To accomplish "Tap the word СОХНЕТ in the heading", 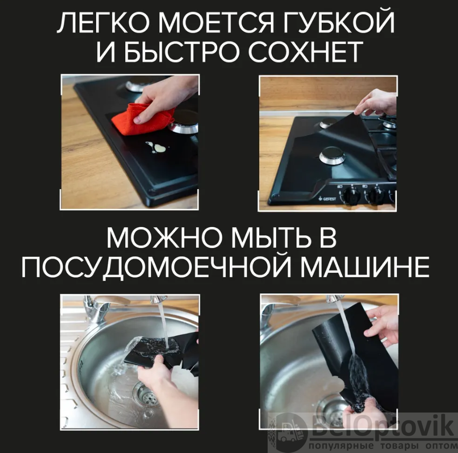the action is pos(306,52).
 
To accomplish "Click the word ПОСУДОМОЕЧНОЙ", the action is pos(156,266).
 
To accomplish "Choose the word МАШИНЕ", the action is pos(365,267).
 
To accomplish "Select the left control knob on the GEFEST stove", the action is pos(351,194).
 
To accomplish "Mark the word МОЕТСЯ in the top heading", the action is pos(217,23).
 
